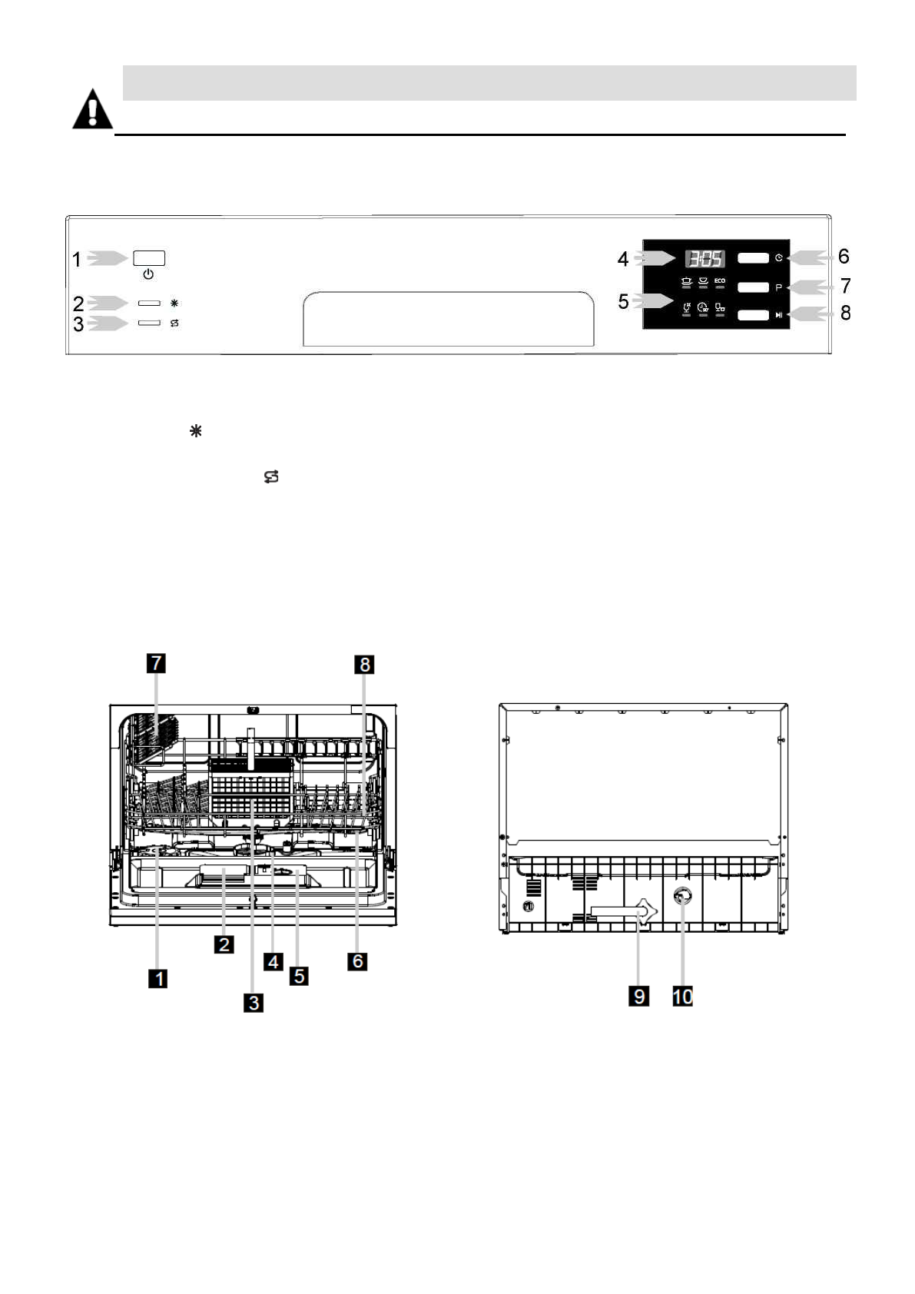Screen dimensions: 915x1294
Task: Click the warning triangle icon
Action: [92, 110]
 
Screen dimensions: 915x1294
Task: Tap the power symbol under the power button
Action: [148, 274]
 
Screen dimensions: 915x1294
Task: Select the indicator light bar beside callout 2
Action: [149, 304]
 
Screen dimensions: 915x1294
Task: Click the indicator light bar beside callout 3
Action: [149, 323]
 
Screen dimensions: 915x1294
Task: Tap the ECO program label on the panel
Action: [719, 281]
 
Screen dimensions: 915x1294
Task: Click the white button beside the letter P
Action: [753, 287]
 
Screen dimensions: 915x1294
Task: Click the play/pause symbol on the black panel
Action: [779, 315]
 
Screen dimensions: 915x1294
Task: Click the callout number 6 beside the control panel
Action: [844, 257]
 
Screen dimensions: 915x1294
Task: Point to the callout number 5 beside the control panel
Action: [623, 302]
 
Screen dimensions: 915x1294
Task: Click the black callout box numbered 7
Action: [156, 662]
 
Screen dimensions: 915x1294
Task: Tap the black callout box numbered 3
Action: [253, 1001]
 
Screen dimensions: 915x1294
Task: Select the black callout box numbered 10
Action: [682, 996]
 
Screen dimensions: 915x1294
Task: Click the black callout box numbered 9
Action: [638, 996]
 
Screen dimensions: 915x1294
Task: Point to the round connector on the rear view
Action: [681, 897]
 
